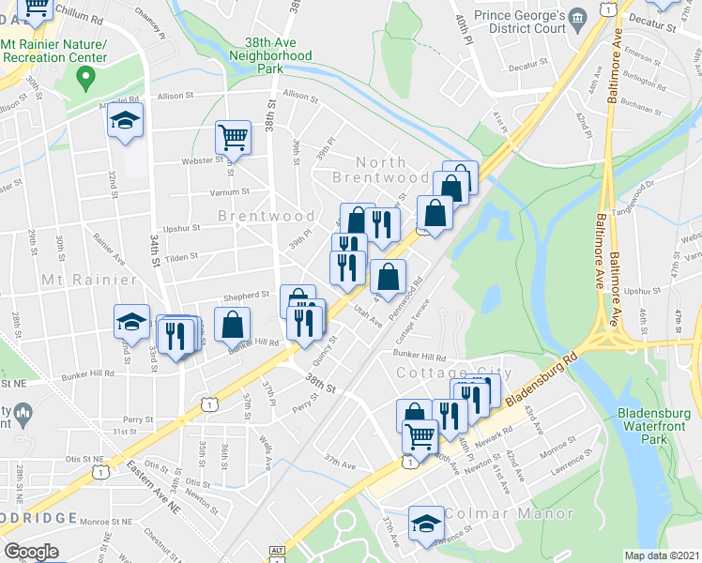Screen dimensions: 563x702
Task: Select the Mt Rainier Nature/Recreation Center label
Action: (53, 51)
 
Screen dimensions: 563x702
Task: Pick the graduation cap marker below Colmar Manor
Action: (426, 524)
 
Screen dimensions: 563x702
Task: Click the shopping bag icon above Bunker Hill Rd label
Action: (232, 325)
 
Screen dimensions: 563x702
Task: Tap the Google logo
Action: (31, 552)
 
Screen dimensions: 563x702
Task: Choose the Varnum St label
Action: (230, 191)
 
